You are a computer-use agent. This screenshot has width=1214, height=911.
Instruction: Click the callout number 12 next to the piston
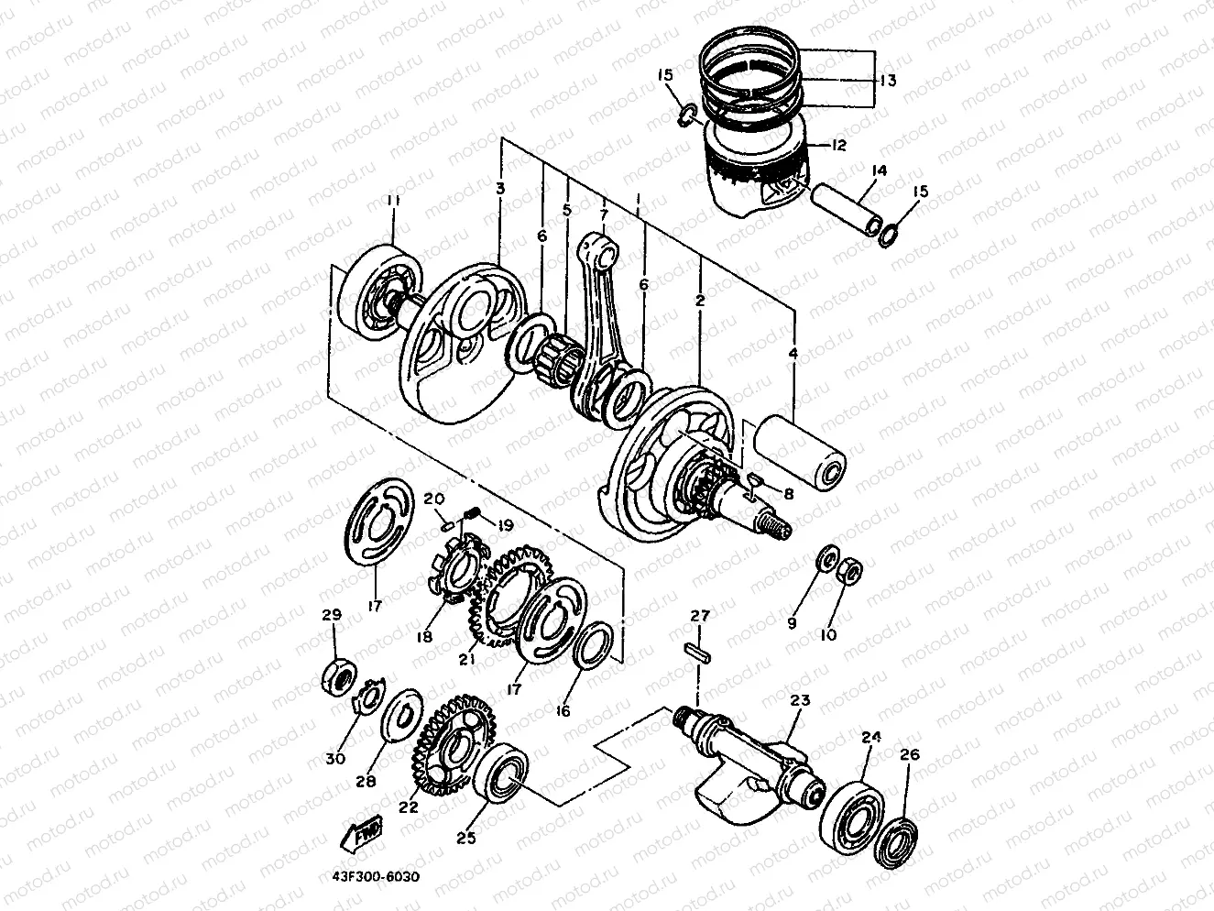(838, 145)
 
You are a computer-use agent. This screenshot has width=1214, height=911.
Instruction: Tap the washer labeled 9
(826, 559)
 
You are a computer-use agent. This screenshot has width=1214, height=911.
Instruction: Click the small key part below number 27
(700, 653)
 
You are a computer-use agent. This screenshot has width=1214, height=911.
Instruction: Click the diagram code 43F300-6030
(370, 876)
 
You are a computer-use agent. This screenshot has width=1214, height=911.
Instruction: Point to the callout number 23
(800, 701)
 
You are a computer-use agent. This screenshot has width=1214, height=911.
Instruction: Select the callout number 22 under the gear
(409, 807)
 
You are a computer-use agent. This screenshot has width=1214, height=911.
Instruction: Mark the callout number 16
(563, 710)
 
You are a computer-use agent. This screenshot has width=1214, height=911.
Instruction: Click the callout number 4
(793, 354)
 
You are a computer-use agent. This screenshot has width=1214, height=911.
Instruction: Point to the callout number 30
(335, 758)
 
